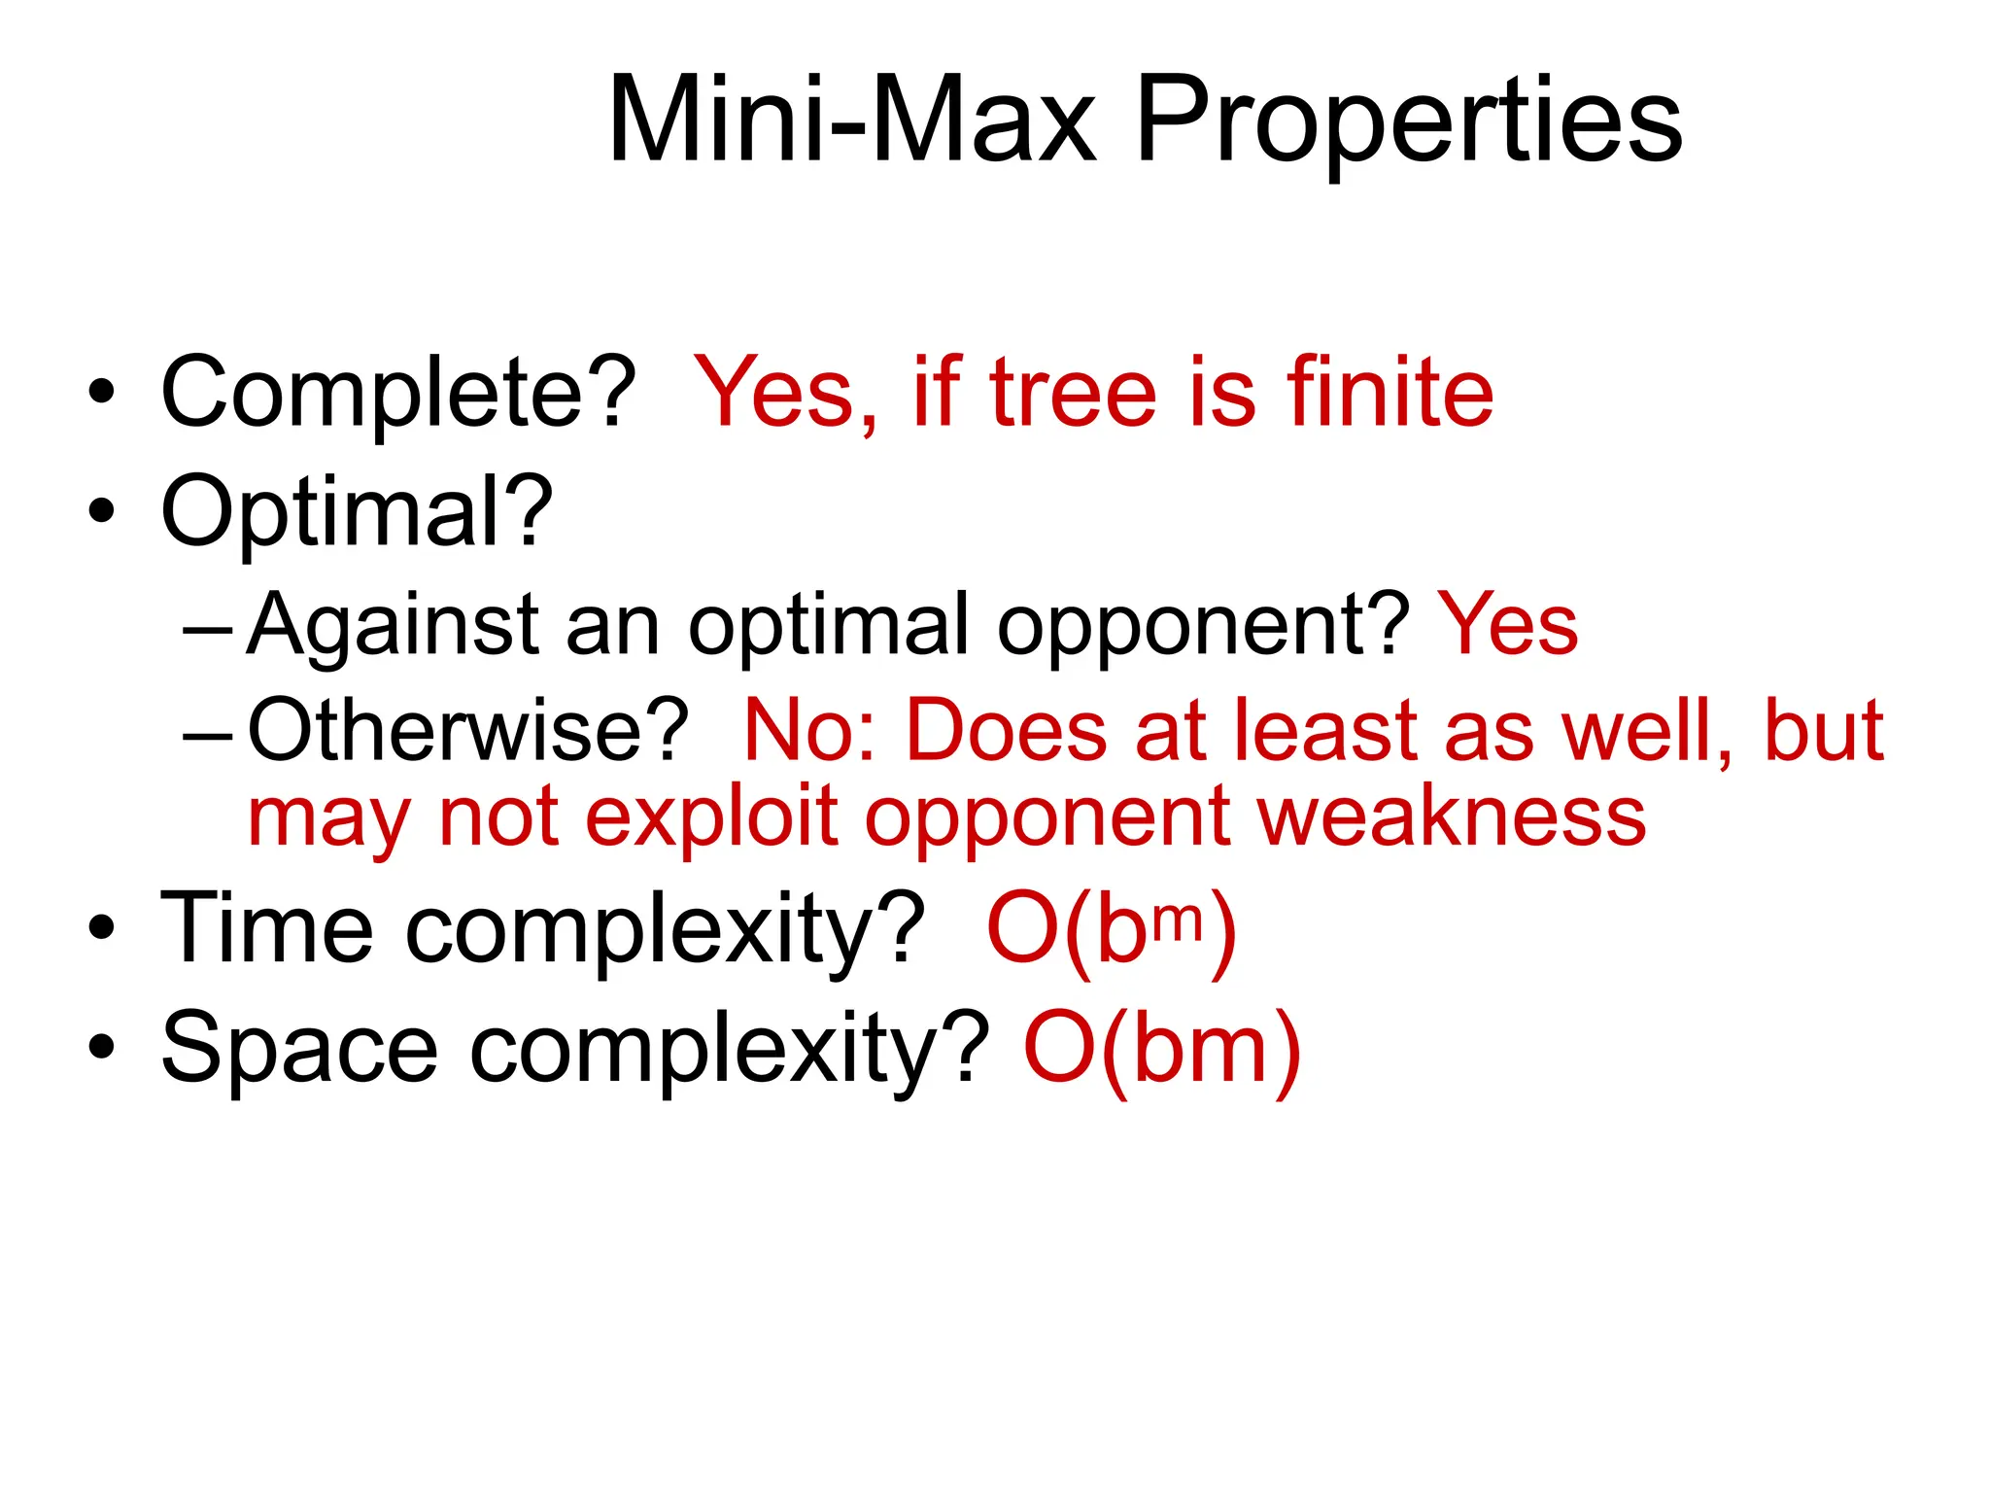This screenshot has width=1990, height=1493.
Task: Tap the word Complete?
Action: point(397,394)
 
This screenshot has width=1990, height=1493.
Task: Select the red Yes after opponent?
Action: point(1508,625)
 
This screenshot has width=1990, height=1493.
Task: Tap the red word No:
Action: point(810,730)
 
